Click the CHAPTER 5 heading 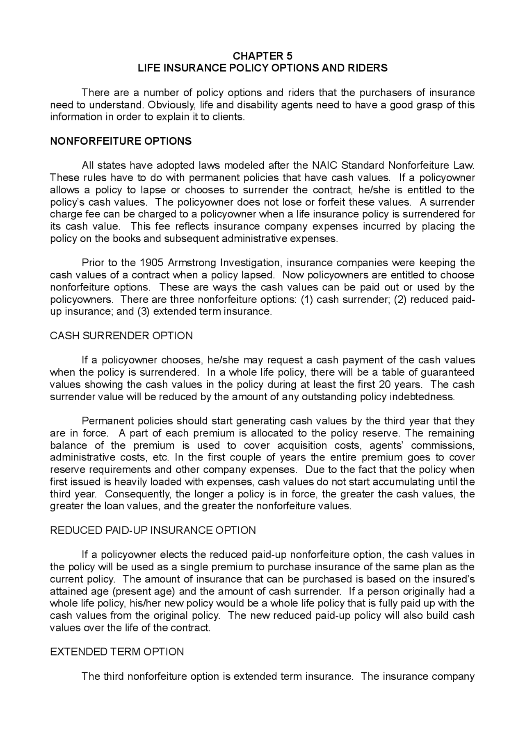[x=262, y=56]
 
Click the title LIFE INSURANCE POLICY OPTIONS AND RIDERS [x=262, y=68]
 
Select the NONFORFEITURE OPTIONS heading [x=121, y=141]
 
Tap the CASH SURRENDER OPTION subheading [x=121, y=336]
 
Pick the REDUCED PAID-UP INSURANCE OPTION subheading [x=153, y=531]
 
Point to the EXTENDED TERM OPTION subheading [x=117, y=652]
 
